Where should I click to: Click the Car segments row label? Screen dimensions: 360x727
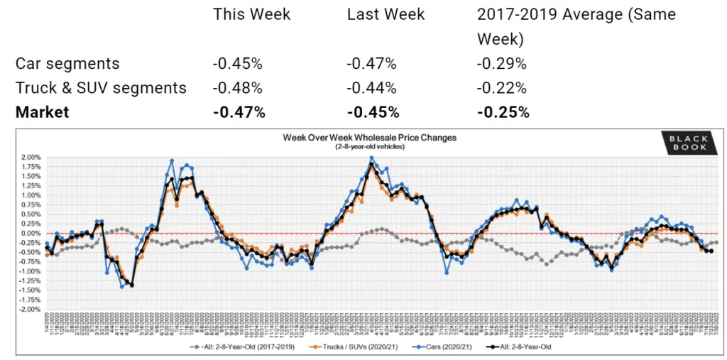coord(67,63)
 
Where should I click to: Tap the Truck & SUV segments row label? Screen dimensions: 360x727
coord(101,88)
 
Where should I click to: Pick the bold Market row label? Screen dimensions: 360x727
coord(42,112)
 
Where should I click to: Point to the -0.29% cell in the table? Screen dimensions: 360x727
coord(501,63)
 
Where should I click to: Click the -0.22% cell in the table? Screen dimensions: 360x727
coord(501,88)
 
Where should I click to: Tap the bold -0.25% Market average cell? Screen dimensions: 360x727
coord(503,112)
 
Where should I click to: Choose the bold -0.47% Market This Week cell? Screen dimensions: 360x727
coord(239,112)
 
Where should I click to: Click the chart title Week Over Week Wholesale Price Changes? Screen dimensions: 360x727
coord(369,137)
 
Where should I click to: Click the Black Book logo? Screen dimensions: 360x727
coord(687,143)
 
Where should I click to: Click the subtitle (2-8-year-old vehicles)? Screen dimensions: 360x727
coord(369,146)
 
